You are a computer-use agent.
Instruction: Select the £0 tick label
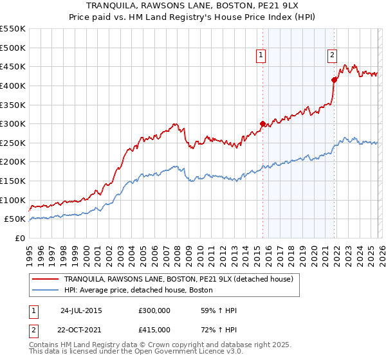(x=21, y=238)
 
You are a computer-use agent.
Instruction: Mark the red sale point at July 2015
(x=262, y=123)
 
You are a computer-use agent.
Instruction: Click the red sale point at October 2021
(x=334, y=80)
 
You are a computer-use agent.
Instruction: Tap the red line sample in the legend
(x=46, y=279)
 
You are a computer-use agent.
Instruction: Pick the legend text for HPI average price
(x=138, y=290)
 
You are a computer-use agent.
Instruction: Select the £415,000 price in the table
(x=154, y=330)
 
